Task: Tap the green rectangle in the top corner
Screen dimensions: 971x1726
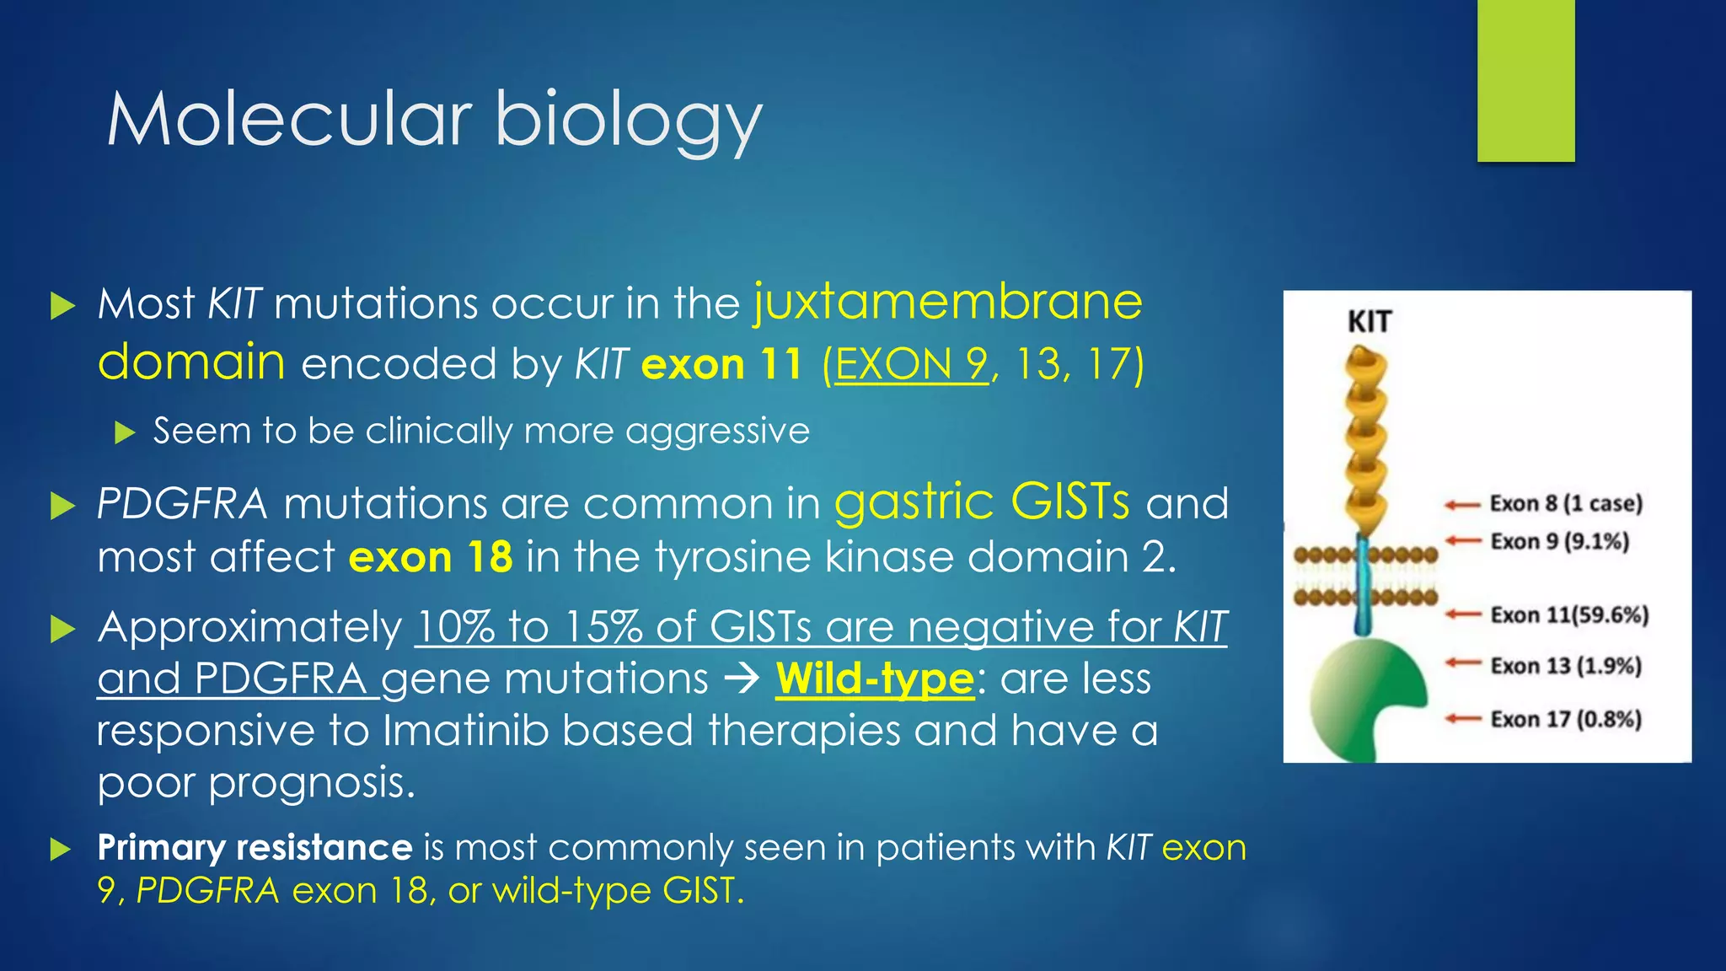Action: pos(1525,80)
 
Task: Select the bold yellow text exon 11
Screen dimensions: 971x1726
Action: pos(721,364)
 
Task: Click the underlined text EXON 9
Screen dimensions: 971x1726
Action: pos(910,364)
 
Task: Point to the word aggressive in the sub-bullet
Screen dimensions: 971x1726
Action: pos(717,432)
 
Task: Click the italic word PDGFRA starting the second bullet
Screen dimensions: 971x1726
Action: pos(182,504)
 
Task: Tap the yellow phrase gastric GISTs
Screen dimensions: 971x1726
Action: pos(981,502)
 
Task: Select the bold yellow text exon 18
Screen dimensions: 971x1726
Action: pos(431,557)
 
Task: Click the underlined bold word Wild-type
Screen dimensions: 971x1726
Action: pos(874,679)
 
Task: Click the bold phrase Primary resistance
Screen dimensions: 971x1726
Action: pos(255,847)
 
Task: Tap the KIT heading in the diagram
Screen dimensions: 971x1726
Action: pos(1369,322)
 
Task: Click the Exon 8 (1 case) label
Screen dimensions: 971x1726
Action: pos(1566,504)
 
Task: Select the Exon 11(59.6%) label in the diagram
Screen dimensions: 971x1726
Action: pos(1569,615)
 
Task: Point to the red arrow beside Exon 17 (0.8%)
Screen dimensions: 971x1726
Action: pos(1463,719)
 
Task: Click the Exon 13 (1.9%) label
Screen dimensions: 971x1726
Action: pos(1566,666)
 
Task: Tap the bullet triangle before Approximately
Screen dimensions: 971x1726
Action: pos(62,629)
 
